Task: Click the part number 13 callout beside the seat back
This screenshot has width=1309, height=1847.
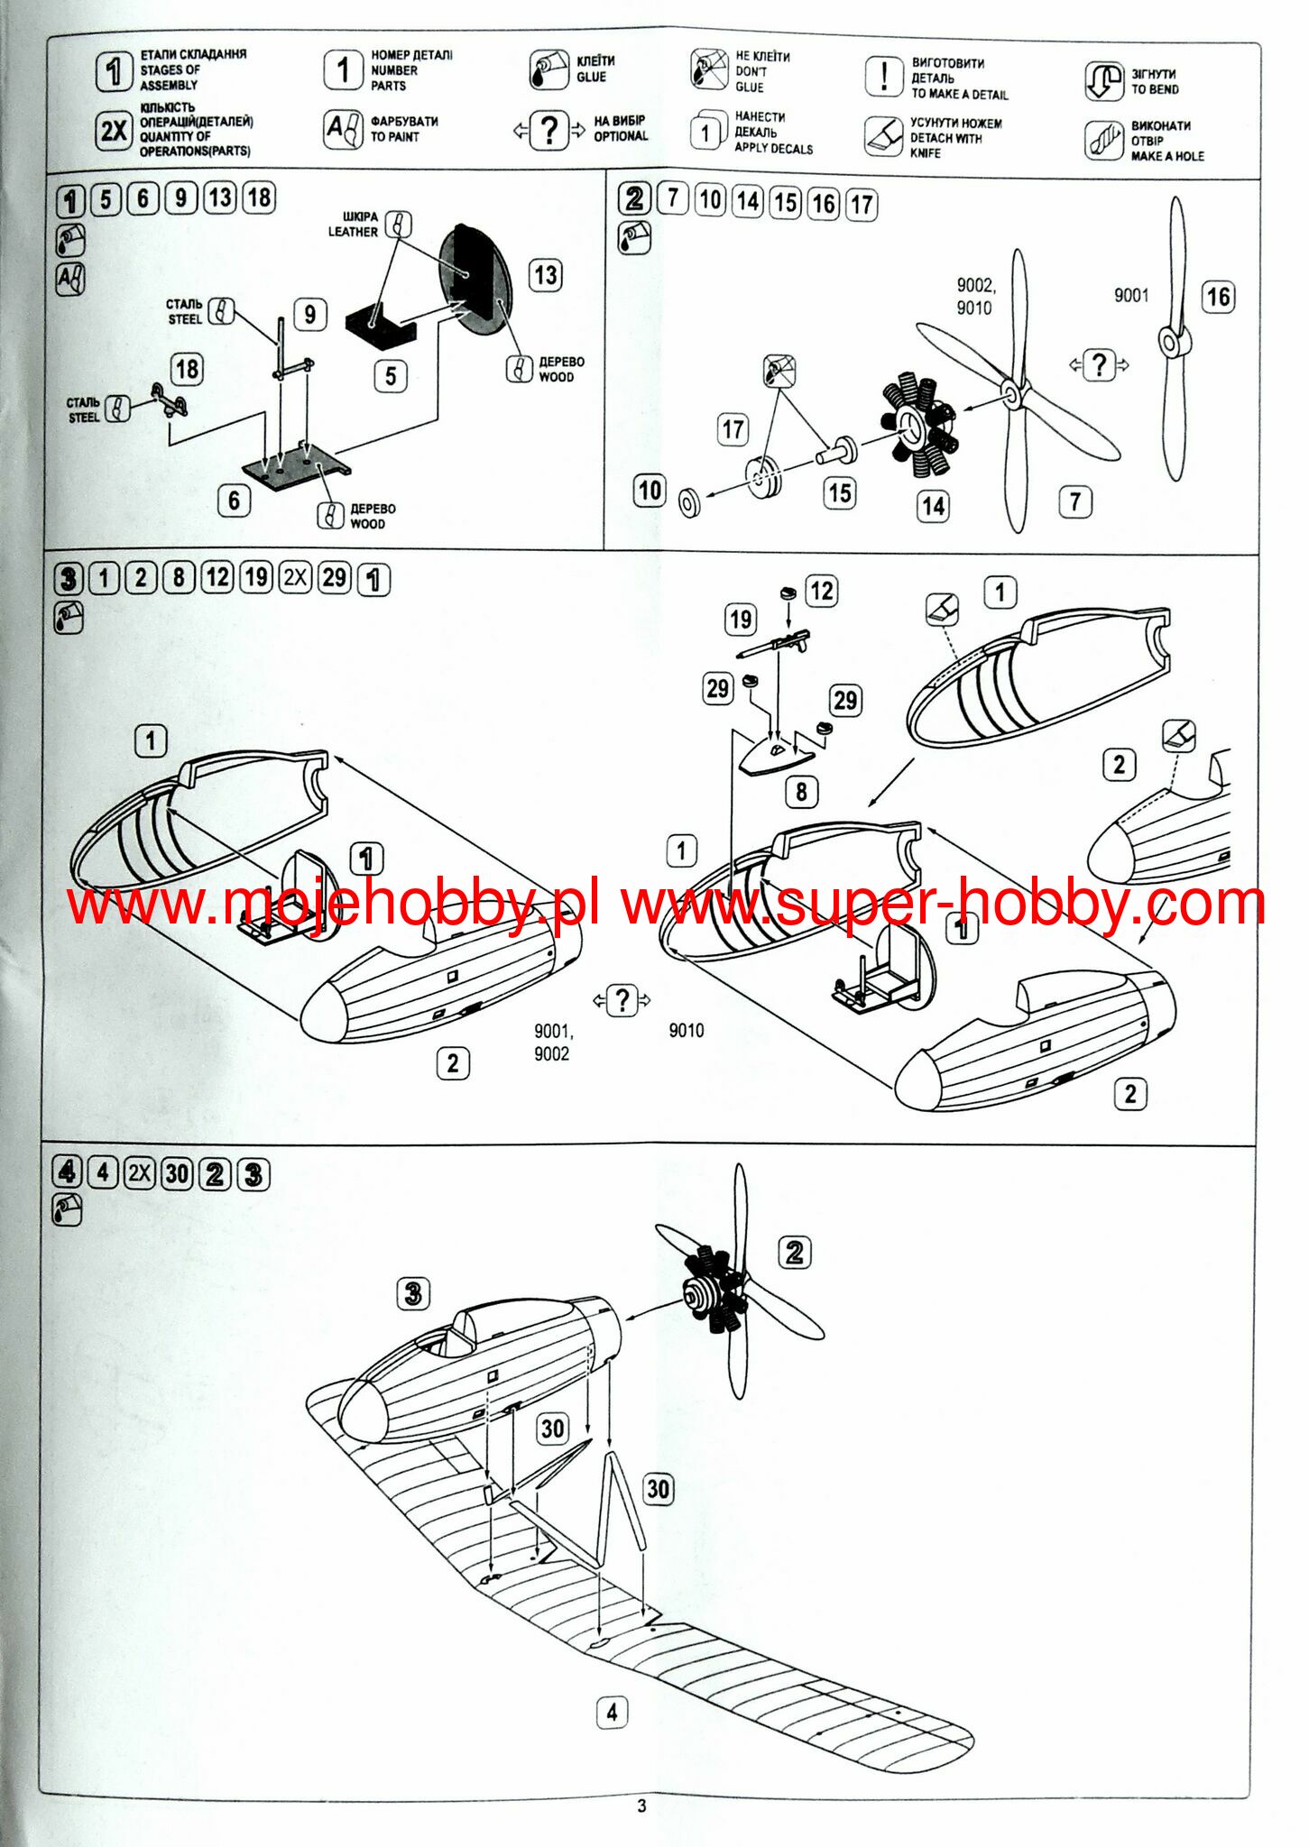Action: point(546,275)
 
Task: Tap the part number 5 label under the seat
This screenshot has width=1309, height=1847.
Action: point(390,376)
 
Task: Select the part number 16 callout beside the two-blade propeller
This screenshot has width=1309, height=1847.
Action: point(1218,297)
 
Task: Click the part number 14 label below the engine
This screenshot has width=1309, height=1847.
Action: point(933,506)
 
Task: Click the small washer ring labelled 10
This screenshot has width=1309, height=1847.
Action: point(690,502)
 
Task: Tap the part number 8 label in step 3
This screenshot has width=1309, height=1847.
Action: point(801,792)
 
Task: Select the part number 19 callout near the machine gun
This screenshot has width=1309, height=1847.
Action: point(741,620)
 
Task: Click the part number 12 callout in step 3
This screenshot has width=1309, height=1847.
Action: point(821,592)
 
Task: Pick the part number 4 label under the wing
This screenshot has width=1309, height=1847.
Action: point(612,1712)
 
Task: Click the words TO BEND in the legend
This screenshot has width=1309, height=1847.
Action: point(1155,89)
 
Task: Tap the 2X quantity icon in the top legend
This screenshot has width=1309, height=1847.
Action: point(114,131)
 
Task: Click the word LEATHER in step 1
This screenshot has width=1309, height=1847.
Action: point(353,232)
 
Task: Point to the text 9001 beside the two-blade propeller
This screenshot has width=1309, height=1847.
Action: point(1130,295)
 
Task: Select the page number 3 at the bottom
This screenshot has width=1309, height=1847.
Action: point(641,1806)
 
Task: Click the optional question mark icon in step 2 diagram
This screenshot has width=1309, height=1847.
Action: point(1098,365)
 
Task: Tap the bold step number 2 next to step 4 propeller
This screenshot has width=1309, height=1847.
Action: point(794,1253)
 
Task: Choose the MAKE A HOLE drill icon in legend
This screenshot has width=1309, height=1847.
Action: point(1103,140)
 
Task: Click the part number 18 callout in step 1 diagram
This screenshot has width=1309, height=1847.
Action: point(187,369)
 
